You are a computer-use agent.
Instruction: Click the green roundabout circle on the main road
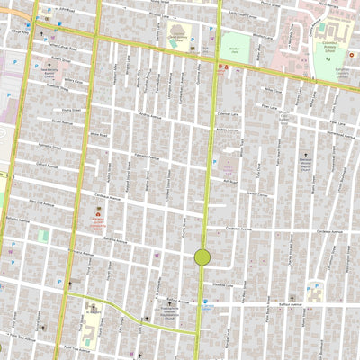(x=202, y=257)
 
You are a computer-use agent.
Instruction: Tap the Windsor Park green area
(x=235, y=47)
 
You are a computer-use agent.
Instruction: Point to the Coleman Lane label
(x=249, y=112)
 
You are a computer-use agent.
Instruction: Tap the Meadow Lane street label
(x=222, y=285)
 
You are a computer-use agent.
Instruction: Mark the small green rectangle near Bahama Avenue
(x=42, y=235)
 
